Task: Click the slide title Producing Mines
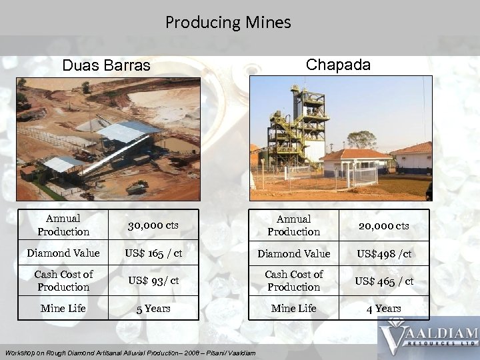228,23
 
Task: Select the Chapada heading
338,64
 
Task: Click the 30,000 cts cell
153,225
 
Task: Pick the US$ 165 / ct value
153,253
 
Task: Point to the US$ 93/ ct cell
153,281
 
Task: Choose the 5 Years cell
153,309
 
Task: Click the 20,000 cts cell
383,226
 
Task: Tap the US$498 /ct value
383,253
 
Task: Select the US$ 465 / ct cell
383,281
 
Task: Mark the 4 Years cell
383,309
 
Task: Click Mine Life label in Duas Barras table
63,309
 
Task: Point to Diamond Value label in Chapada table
294,253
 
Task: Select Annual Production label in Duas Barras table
63,225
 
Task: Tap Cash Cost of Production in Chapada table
294,281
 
